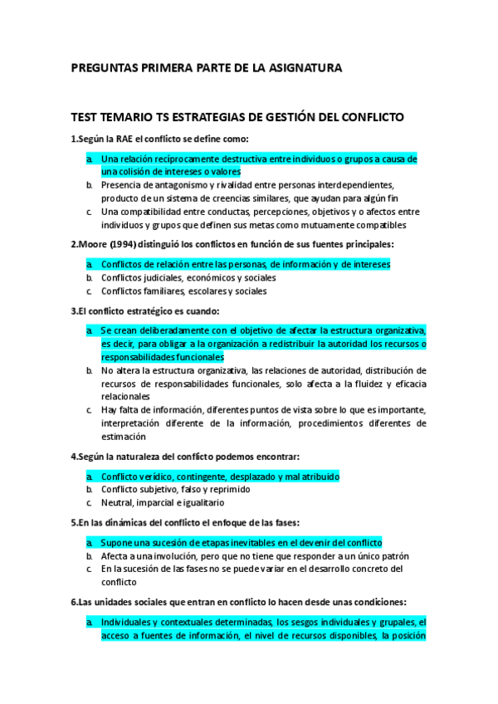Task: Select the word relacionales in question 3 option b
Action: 126,397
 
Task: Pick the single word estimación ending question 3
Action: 124,437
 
